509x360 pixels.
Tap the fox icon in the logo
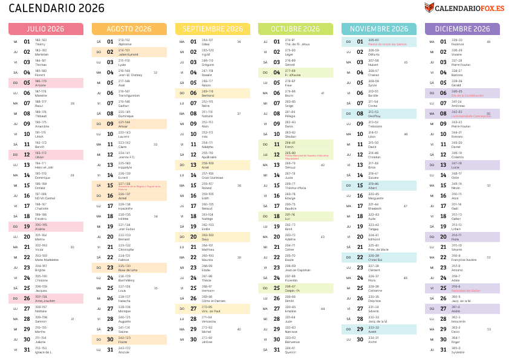pyautogui.click(x=429, y=8)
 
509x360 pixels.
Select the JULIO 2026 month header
pyautogui.click(x=46, y=29)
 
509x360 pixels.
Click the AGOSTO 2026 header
pyautogui.click(x=129, y=29)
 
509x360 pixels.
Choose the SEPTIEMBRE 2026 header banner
pyautogui.click(x=212, y=29)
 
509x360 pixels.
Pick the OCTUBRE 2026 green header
pyautogui.click(x=296, y=29)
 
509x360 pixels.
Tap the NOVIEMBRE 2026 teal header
pyautogui.click(x=379, y=29)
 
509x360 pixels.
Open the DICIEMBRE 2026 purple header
pyautogui.click(x=462, y=29)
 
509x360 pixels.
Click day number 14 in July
pyautogui.click(x=27, y=175)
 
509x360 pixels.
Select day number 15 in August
pyautogui.click(x=110, y=185)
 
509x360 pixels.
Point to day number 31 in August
pyautogui.click(x=110, y=350)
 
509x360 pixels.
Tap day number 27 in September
pyautogui.click(x=193, y=309)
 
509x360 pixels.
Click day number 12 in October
pyautogui.click(x=276, y=155)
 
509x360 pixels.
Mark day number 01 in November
pyautogui.click(x=360, y=42)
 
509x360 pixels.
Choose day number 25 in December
pyautogui.click(x=443, y=288)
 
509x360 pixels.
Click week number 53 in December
pyautogui.click(x=489, y=329)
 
